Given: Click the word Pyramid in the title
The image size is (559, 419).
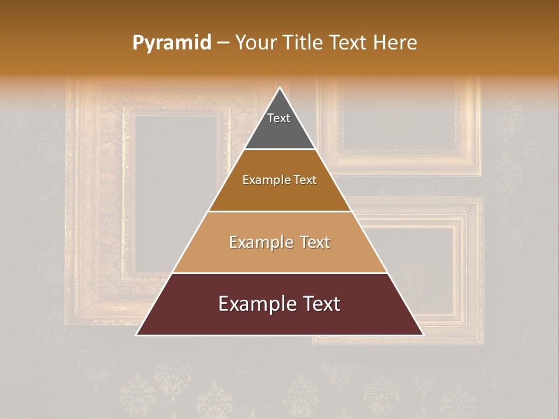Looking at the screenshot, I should (x=172, y=43).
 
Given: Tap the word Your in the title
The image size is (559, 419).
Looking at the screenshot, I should (x=257, y=43).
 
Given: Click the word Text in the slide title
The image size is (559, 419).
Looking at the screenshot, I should (x=349, y=43).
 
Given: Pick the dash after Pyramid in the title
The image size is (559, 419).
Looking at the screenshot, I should (x=223, y=44).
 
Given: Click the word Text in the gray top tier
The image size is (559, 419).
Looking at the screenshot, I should (x=279, y=118).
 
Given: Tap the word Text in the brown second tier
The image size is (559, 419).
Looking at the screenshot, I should (x=305, y=180).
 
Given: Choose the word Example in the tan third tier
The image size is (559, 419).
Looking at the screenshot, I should (x=257, y=242).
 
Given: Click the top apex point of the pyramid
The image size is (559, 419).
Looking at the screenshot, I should (x=279, y=88).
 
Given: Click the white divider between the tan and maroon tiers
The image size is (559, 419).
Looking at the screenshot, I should (x=279, y=273).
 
